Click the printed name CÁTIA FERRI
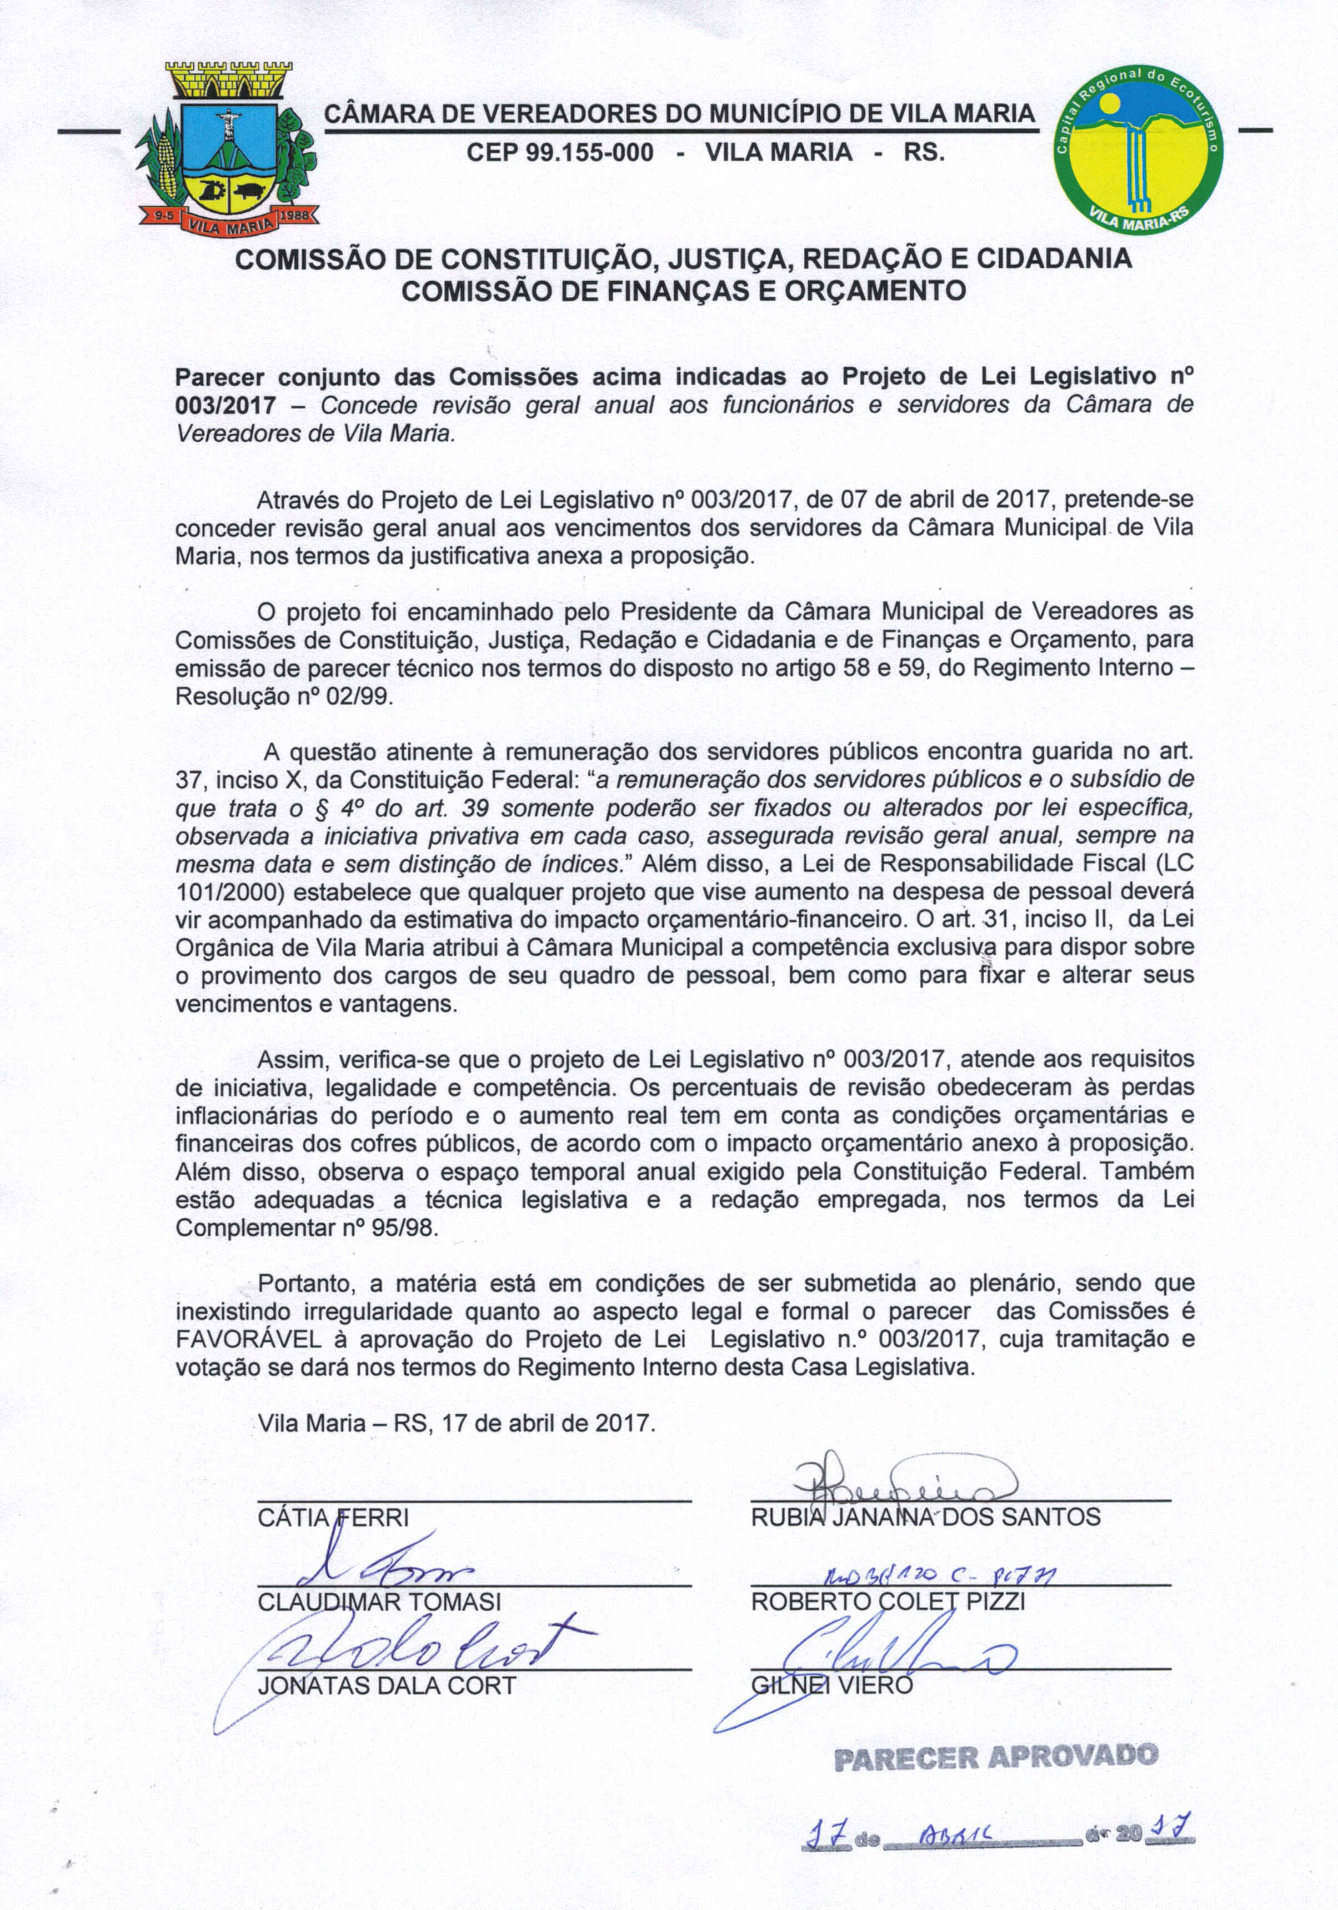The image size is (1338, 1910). click(x=333, y=1517)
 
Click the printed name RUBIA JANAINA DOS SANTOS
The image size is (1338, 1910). click(x=925, y=1517)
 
